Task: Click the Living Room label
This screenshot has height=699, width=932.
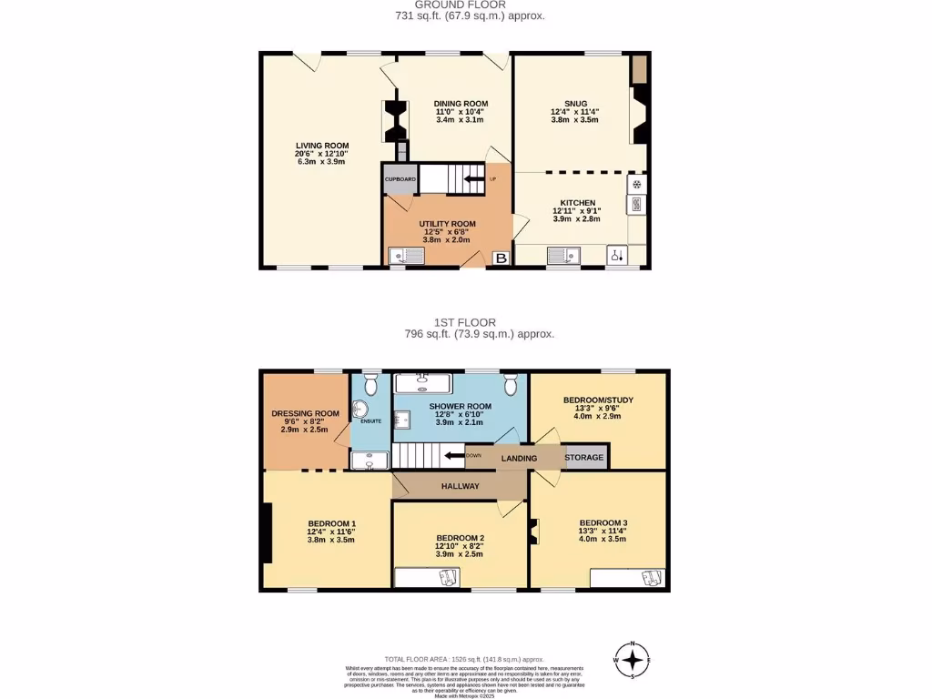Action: (321, 146)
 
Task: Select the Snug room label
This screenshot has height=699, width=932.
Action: (575, 104)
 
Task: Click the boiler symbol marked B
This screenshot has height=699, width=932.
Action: (501, 259)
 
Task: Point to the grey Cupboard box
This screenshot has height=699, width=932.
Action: (400, 179)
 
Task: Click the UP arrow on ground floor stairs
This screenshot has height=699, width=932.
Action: (474, 178)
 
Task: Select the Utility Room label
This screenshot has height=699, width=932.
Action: (447, 224)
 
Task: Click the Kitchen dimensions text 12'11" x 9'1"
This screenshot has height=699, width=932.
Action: (577, 211)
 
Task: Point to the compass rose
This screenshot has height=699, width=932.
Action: (634, 659)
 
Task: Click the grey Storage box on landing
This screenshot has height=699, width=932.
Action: (584, 457)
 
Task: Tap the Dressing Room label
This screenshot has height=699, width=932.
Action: (305, 413)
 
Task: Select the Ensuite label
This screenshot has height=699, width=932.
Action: (370, 421)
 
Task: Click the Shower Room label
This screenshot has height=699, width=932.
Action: (461, 406)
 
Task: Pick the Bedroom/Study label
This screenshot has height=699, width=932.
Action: (598, 400)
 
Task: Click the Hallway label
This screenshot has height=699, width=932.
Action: (461, 486)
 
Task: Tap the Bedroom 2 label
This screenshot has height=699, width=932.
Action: (461, 537)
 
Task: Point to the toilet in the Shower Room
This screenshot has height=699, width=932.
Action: (510, 384)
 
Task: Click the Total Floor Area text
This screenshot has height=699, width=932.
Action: (463, 659)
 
